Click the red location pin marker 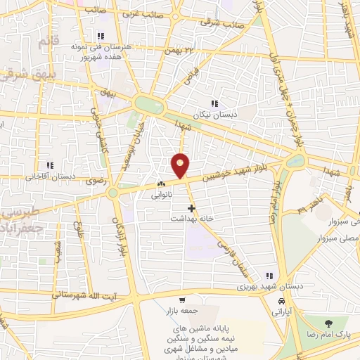pyautogui.click(x=181, y=165)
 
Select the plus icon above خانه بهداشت pyautogui.click(x=191, y=207)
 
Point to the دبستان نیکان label pyautogui.click(x=214, y=113)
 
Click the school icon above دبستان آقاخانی pyautogui.click(x=49, y=165)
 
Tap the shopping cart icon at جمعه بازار pyautogui.click(x=182, y=300)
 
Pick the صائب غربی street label pyautogui.click(x=142, y=13)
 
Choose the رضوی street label pyautogui.click(x=95, y=181)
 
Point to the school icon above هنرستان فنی pyautogui.click(x=101, y=36)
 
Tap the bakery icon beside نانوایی pyautogui.click(x=161, y=186)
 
